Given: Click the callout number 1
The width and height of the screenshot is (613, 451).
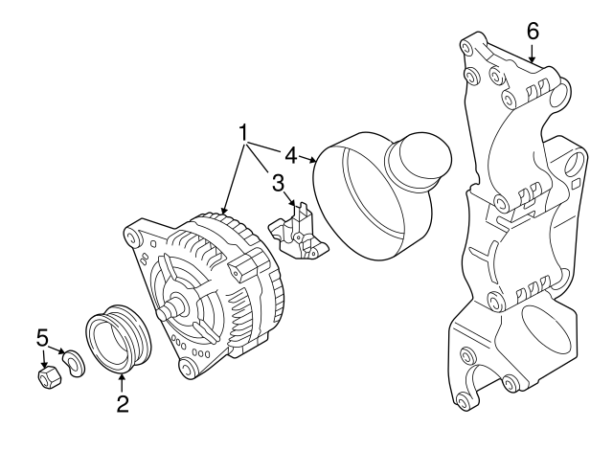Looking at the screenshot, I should [x=244, y=130].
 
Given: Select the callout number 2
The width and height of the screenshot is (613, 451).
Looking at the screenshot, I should [x=123, y=404].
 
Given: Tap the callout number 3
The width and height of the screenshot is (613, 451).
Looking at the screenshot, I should [x=277, y=182].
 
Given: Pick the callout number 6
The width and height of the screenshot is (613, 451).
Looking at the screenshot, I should [x=533, y=31].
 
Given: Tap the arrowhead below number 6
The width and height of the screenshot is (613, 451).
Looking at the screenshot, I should [x=533, y=58].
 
